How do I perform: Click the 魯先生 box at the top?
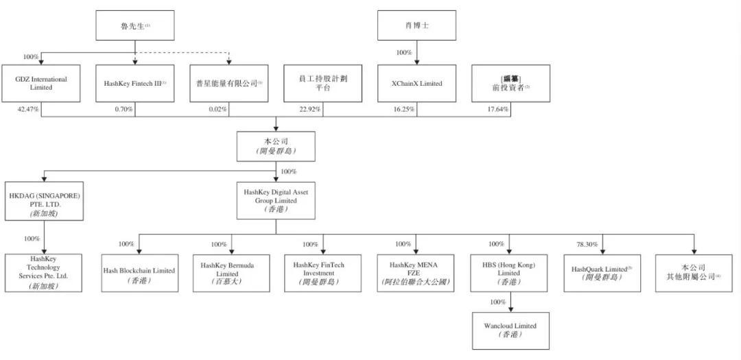tap(134, 25)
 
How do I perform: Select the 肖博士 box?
tap(417, 25)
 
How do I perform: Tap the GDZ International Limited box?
tap(40, 83)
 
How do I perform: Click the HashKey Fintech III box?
tap(134, 83)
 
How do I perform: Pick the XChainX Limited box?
tap(417, 83)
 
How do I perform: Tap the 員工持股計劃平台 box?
tap(322, 83)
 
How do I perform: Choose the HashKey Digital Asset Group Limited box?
tap(276, 200)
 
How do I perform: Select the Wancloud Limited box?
tap(510, 330)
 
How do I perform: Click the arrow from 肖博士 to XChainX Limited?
tap(417, 55)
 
